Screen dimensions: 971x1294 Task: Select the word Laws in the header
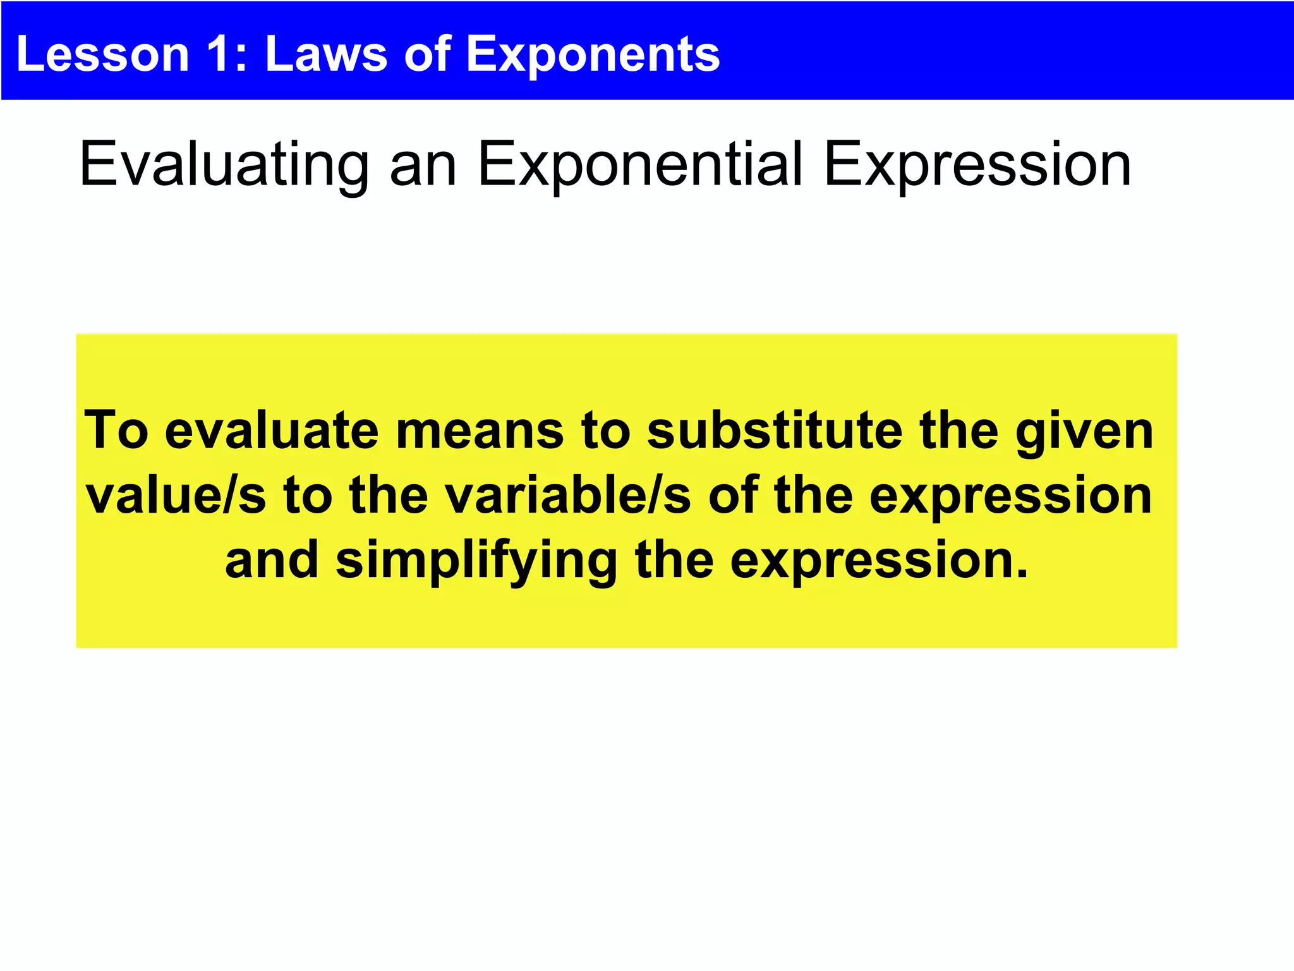(326, 54)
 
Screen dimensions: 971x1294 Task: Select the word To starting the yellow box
(116, 431)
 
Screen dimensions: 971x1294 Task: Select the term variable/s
(568, 496)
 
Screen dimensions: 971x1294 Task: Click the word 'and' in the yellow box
(272, 560)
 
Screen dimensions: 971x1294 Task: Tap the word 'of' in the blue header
(427, 54)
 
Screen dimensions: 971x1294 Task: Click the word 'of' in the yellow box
(733, 496)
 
